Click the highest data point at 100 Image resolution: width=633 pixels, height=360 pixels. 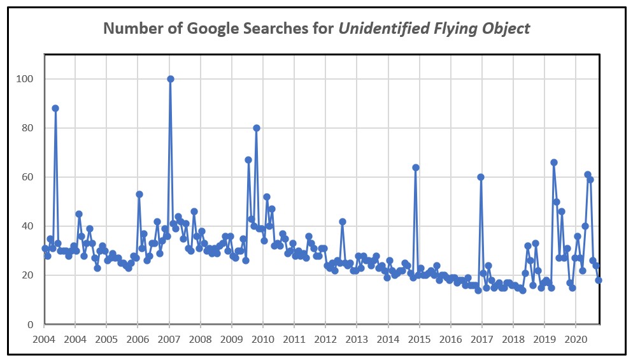(171, 79)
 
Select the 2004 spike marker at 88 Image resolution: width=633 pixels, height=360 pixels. (55, 108)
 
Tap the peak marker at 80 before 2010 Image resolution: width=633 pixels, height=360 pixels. (257, 128)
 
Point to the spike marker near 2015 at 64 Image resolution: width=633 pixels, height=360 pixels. (416, 168)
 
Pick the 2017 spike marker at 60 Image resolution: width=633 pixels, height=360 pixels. (481, 177)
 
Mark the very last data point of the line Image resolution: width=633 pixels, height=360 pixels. (599, 280)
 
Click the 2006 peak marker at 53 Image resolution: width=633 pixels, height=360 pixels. (139, 194)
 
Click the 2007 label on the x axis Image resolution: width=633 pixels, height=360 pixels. (169, 339)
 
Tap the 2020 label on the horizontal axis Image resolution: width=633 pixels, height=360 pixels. (576, 339)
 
